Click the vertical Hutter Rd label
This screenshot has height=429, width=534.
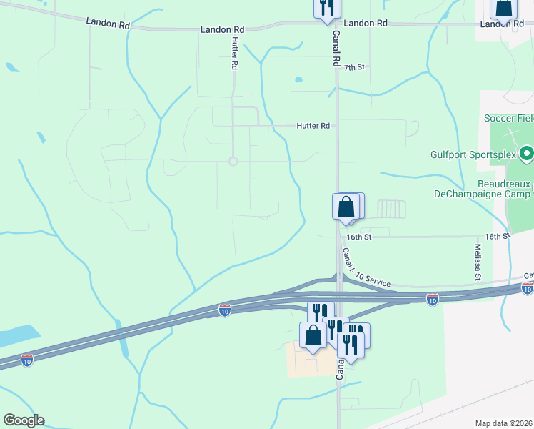coord(233,54)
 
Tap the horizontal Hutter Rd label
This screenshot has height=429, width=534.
coord(313,126)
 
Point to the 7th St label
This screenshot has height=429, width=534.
coord(354,67)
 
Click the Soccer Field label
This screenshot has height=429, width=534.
coord(508,118)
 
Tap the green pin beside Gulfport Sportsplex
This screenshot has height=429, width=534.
coord(527,153)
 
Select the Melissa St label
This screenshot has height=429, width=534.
coord(477,261)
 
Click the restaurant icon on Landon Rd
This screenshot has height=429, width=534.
coord(327,7)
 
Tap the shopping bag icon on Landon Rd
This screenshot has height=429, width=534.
coord(503,7)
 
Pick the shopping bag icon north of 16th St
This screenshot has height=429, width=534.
coord(346,207)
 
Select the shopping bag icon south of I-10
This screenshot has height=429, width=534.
coord(313,335)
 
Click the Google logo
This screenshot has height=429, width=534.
coord(24,420)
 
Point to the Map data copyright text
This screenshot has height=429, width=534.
coord(504,423)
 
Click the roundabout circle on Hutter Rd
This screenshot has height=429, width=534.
coord(233,162)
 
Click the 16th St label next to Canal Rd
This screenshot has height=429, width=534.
coord(360,237)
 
